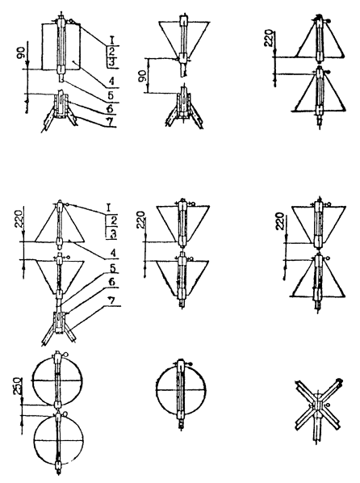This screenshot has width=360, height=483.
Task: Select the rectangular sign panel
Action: point(61,47)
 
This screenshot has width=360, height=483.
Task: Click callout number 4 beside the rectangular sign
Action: point(111,82)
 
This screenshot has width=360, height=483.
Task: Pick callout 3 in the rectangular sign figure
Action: point(111,62)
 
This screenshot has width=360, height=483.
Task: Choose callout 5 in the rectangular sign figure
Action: point(111,95)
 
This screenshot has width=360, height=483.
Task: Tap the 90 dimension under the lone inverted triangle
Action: point(142,75)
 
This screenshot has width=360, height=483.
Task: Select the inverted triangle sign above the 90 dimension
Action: point(184,40)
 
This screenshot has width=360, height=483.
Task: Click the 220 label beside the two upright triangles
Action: point(269,38)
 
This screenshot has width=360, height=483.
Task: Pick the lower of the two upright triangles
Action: point(319,92)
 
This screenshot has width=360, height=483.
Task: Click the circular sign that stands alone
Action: point(181,389)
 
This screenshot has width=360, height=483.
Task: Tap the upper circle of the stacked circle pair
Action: point(58,380)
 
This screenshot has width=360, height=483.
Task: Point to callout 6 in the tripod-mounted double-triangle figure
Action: point(111,282)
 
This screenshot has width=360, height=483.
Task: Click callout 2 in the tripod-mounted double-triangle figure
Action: point(113,220)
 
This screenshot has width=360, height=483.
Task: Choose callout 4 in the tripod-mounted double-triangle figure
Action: point(113,254)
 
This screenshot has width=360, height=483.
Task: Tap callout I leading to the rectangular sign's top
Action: point(112,40)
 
